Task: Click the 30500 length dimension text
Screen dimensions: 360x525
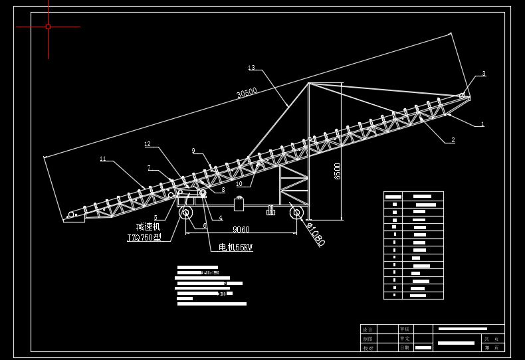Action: tap(247, 93)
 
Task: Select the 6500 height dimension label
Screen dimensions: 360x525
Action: tap(338, 171)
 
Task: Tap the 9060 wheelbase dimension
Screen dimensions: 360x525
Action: tap(241, 230)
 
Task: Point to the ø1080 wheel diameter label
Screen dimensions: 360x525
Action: tap(315, 234)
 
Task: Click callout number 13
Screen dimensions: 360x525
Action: tap(251, 68)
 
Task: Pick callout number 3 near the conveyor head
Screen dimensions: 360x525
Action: tap(484, 74)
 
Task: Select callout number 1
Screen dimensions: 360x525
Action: tap(482, 124)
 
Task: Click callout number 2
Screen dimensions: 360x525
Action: tap(453, 140)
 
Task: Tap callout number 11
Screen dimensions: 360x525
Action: tap(103, 159)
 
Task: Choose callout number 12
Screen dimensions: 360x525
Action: tap(148, 144)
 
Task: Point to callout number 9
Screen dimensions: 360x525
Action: tap(193, 151)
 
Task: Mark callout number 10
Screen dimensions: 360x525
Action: tap(239, 184)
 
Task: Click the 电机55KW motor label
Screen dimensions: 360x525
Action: tap(236, 248)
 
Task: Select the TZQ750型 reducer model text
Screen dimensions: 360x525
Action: tap(144, 237)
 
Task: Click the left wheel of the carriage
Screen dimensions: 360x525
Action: tap(185, 213)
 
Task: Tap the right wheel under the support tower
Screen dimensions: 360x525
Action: tap(296, 213)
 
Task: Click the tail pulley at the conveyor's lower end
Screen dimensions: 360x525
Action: tap(71, 215)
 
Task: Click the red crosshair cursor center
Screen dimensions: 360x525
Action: tap(48, 27)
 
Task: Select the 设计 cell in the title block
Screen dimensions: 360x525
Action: tap(368, 329)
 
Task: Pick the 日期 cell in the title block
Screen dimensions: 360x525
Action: tap(405, 347)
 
